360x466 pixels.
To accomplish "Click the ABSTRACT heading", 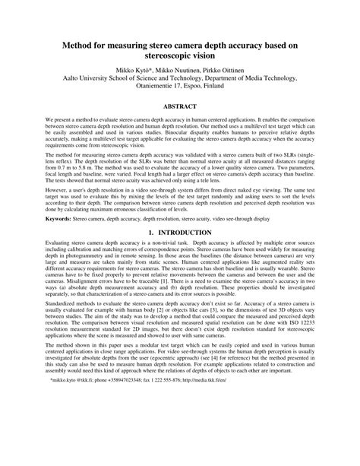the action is tap(180, 106).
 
